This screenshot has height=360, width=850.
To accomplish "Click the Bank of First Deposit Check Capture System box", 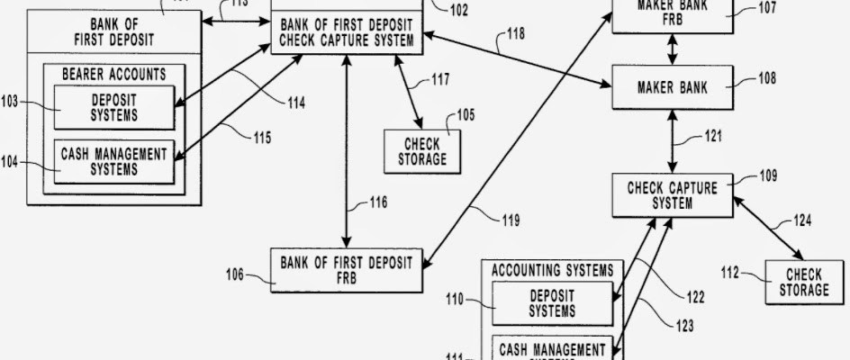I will pos(347,32).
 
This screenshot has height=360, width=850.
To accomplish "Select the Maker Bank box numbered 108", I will pos(672,88).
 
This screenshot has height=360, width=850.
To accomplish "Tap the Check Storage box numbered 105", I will pos(421,151).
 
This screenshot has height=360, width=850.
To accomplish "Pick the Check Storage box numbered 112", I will pos(805,282).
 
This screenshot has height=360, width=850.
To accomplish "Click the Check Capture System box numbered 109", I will pos(672,195).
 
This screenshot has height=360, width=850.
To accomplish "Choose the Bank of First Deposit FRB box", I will pos(346,270).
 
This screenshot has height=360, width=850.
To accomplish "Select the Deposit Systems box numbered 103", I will pos(113,108).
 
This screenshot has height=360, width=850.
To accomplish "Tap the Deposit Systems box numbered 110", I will pos(552,304).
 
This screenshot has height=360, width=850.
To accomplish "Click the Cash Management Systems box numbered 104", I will pos(113,162).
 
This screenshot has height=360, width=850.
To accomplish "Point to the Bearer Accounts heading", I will pos(113,74).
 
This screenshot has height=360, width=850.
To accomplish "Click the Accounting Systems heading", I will pos(553,269).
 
